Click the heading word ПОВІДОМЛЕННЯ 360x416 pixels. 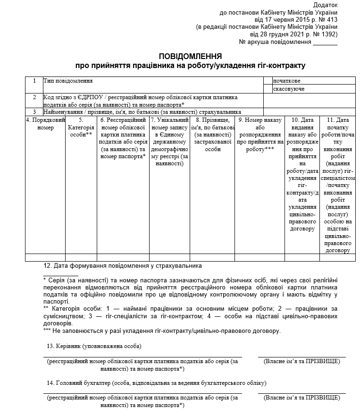191,56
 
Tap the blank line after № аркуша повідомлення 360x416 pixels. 325,42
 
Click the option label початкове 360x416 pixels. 286,81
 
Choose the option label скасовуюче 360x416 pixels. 288,89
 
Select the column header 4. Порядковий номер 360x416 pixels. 45,124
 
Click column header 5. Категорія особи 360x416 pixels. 81,127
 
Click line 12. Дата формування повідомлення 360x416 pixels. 122,266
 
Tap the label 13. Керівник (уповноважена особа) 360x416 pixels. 94,346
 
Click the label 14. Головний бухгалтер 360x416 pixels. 156,382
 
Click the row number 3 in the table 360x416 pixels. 34,112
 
